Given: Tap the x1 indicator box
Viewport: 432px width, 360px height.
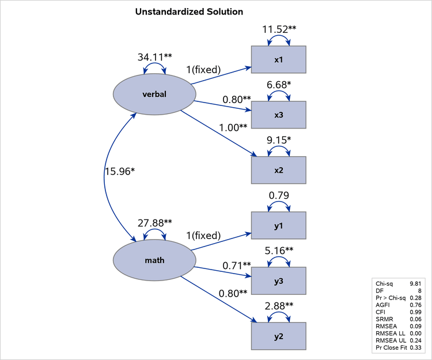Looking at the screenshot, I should click(x=278, y=60).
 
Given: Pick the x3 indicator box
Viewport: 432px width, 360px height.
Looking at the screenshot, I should click(x=278, y=115).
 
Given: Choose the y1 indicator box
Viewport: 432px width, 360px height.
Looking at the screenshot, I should click(x=278, y=225).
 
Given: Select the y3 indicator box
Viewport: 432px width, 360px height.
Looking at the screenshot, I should click(x=278, y=281).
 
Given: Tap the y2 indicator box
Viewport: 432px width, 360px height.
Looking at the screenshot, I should click(x=278, y=335).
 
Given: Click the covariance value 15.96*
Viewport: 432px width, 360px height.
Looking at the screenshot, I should click(x=119, y=171).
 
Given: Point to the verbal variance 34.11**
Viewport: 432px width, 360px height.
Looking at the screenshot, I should click(x=154, y=56).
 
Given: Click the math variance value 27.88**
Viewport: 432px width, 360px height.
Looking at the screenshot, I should click(x=154, y=222).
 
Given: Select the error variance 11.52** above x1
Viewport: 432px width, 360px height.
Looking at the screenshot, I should click(x=280, y=29).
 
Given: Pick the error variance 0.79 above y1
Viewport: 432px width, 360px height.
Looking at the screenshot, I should click(x=279, y=195).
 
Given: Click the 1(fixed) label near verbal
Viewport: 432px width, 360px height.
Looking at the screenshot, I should click(x=203, y=70).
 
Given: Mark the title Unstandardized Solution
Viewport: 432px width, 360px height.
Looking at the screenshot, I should click(x=189, y=12).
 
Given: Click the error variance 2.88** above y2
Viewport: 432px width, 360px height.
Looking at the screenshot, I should click(x=280, y=305).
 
